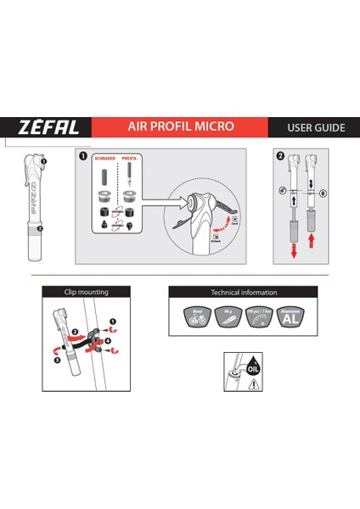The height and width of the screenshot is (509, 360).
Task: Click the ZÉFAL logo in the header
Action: point(50,128)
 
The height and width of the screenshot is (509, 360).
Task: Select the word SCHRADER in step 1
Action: point(104,159)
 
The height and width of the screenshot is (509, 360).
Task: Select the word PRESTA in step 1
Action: point(130,159)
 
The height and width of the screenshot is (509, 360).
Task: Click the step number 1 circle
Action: point(82,156)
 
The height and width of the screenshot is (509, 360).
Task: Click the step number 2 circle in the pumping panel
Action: point(281,156)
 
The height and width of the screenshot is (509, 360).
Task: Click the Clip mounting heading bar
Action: point(87,292)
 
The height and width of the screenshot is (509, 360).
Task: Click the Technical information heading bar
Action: point(242,292)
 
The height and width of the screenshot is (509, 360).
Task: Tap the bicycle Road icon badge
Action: point(198,318)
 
